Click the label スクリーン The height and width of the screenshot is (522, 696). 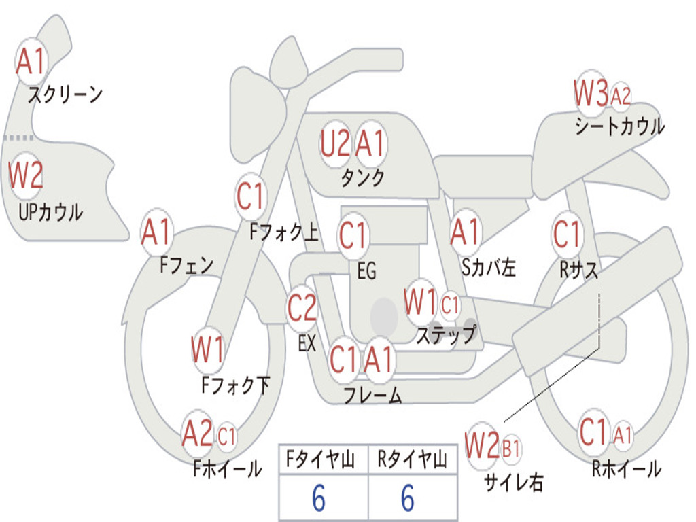point(65,94)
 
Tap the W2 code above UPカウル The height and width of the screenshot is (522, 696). point(26,175)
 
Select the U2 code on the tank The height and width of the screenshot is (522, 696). point(335,144)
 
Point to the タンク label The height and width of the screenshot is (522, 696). point(362,178)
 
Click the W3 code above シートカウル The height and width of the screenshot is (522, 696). point(591,94)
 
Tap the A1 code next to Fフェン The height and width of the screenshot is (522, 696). point(157,233)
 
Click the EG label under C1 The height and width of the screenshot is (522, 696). point(366,271)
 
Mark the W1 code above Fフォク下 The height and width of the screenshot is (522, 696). point(207,351)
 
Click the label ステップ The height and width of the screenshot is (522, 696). point(447,335)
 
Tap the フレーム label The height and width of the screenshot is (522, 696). point(372,395)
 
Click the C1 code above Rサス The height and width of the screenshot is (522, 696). point(567,234)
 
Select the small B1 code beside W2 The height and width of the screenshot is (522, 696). point(510,449)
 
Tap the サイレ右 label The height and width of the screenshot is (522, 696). point(513,482)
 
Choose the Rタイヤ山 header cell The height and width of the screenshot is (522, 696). point(412,460)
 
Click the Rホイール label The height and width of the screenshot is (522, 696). point(626,468)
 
